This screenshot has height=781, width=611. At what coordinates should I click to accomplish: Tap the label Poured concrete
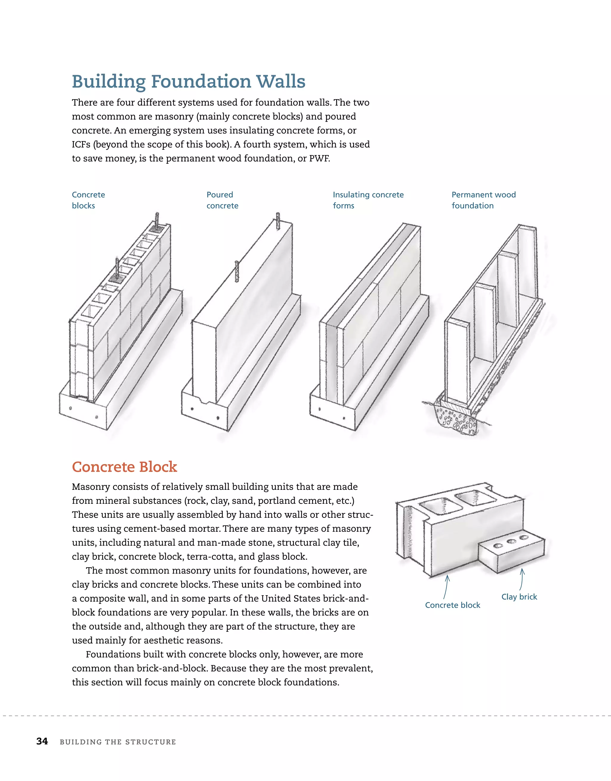(222, 200)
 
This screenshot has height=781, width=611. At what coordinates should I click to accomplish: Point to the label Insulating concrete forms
(368, 200)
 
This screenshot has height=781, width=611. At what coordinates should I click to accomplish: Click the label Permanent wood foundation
(483, 200)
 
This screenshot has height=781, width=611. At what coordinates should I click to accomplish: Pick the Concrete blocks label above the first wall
(88, 200)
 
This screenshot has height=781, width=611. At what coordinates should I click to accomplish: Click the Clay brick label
(519, 597)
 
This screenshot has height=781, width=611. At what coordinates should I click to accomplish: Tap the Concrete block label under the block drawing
(453, 605)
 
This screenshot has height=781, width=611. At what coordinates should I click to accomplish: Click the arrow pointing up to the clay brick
(521, 579)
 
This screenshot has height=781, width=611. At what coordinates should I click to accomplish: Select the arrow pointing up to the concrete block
(446, 586)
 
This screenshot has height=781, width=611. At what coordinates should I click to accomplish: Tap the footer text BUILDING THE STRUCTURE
(118, 742)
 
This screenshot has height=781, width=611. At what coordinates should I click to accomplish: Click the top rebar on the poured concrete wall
(278, 221)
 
